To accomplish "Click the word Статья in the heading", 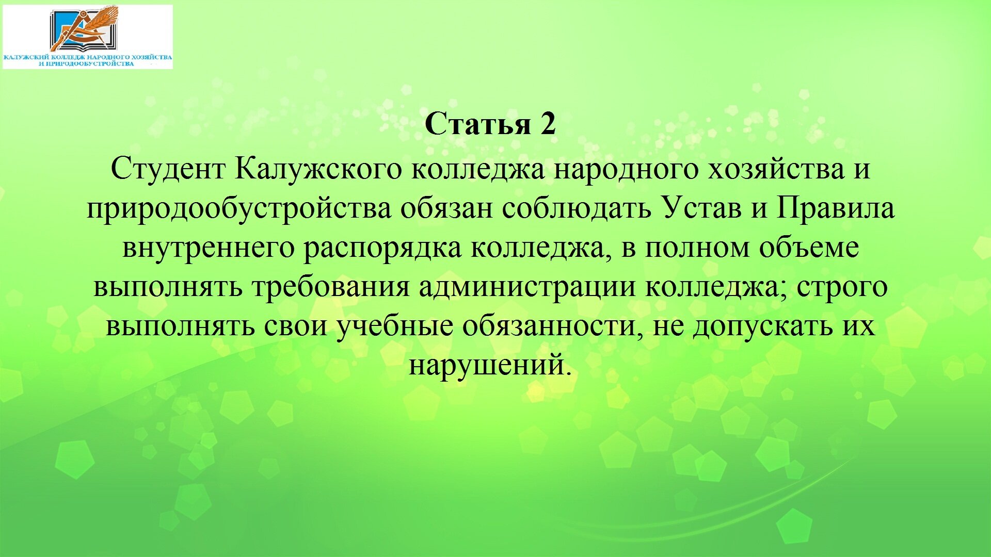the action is click(478, 124).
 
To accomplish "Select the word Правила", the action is click(836, 208).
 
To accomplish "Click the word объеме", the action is click(809, 248).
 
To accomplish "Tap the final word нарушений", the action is click(490, 365).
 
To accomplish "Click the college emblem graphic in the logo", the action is click(85, 28).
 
